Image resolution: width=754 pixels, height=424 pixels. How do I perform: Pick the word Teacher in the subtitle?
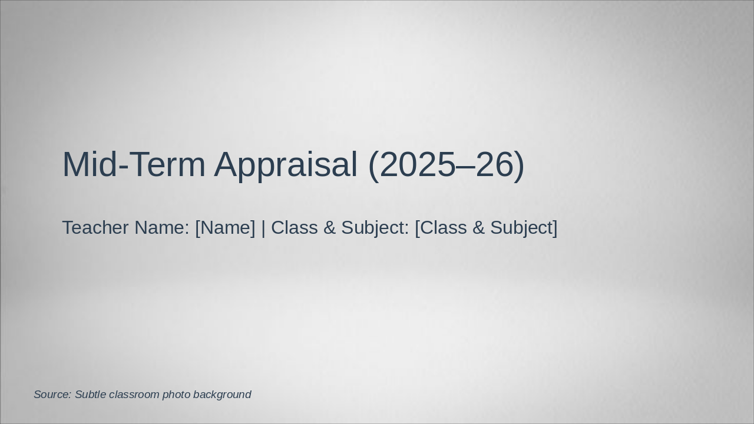(x=95, y=227)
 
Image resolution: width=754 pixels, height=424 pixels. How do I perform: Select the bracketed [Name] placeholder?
(x=225, y=227)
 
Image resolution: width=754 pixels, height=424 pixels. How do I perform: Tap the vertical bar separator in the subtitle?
(x=263, y=227)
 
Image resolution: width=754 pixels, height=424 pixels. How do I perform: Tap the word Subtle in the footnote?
(x=90, y=395)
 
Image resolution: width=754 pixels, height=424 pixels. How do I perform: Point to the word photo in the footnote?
(x=176, y=395)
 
